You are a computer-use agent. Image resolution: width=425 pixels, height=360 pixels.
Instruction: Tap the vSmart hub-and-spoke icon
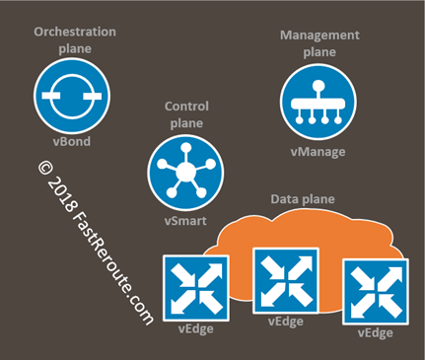pos(183,170)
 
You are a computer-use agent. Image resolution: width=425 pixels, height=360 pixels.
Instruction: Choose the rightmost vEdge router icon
pos(374,294)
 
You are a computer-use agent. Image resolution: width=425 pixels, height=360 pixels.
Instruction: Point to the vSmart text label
pos(185,221)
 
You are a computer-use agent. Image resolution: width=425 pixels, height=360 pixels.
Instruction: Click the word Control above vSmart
pos(184,107)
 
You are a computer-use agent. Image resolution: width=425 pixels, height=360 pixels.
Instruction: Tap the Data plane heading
pos(302,198)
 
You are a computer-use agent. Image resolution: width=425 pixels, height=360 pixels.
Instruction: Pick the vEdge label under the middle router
pos(286,322)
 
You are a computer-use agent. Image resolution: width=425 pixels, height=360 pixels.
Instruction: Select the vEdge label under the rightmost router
pos(374,334)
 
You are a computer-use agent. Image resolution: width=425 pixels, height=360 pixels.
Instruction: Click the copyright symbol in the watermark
pos(45,168)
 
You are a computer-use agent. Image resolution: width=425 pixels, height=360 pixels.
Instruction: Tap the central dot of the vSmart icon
pos(183,170)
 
